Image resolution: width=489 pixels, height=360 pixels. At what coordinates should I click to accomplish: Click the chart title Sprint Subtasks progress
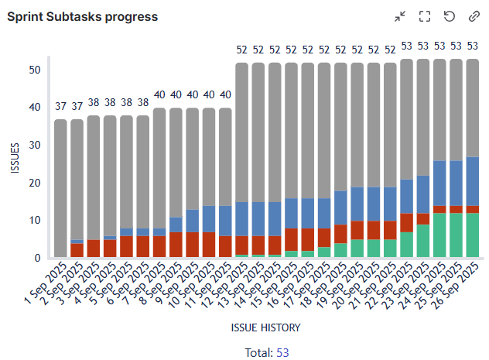82,16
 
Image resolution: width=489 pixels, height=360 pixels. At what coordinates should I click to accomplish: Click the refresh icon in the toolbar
449,16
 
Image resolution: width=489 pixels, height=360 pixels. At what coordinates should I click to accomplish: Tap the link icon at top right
474,16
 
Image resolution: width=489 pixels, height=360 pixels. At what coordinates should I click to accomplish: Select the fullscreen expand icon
424,16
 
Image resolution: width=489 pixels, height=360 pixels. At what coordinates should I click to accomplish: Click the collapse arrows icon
400,16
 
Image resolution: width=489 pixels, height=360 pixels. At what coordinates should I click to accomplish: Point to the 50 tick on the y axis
34,70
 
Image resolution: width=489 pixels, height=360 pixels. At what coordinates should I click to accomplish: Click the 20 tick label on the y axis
34,183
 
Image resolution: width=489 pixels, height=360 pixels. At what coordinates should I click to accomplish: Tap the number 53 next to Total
282,352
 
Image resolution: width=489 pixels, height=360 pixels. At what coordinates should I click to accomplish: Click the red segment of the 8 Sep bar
176,245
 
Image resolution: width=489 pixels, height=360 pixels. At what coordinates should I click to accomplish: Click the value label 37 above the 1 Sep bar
60,107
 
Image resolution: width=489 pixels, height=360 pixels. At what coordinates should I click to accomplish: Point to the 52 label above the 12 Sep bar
241,50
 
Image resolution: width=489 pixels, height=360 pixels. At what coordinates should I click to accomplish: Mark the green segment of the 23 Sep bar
424,241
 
